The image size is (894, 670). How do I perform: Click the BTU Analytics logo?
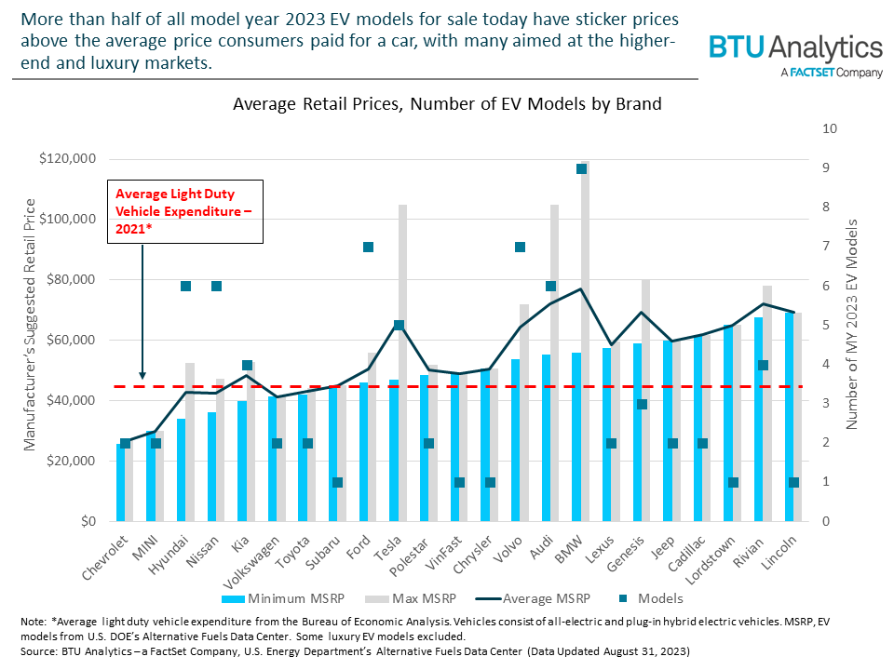pos(795,53)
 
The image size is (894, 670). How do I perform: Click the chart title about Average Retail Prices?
pos(447,104)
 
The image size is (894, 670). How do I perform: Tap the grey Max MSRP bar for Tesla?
pos(403,363)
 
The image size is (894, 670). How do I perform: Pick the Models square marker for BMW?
pos(581,168)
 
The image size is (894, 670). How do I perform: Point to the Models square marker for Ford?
pos(368,247)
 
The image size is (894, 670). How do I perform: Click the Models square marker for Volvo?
pos(521,247)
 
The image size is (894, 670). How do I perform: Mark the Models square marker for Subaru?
pos(338,482)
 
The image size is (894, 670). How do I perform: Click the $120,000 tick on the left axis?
pos(69,159)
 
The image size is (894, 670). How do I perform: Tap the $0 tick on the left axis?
pos(85,522)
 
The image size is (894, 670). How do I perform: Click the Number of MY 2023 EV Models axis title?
pos(852,324)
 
